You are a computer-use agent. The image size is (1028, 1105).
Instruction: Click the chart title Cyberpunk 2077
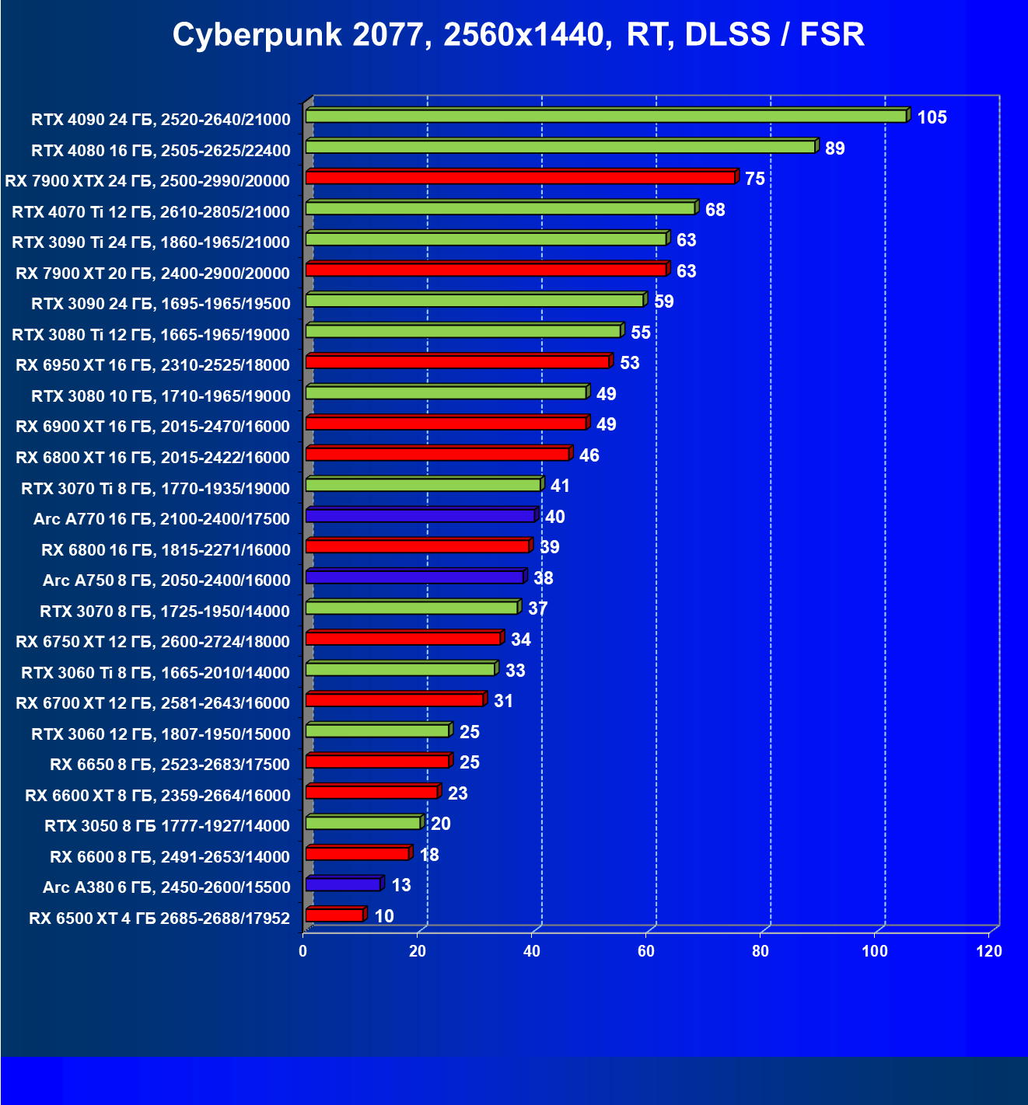(x=518, y=35)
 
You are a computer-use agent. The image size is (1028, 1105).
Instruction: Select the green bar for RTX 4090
(x=606, y=116)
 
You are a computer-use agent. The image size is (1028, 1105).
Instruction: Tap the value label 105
(x=932, y=117)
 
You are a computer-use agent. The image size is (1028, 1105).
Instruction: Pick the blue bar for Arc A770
(x=420, y=516)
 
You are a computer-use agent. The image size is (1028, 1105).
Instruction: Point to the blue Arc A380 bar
(x=343, y=884)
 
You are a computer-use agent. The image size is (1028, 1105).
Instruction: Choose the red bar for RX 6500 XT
(x=334, y=915)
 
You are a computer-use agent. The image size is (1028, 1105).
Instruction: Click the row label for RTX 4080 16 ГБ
(x=161, y=150)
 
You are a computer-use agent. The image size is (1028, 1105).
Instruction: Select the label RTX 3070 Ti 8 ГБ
(x=156, y=488)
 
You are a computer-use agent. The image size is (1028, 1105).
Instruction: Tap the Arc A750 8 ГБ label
(x=166, y=580)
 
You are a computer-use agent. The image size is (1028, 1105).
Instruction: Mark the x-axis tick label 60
(x=646, y=951)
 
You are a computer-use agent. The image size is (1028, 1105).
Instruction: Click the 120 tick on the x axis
(x=989, y=951)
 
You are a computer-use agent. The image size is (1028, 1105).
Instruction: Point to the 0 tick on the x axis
(x=303, y=951)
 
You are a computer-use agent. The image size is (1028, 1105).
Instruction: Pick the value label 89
(x=834, y=148)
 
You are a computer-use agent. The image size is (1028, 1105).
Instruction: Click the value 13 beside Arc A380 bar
(x=400, y=885)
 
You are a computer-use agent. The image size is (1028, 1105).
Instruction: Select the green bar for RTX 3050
(x=363, y=823)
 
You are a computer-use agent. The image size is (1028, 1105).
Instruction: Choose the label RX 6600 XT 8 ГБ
(x=158, y=795)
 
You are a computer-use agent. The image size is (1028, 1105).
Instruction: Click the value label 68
(x=715, y=210)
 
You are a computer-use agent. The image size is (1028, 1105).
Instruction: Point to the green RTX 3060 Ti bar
(x=400, y=669)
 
